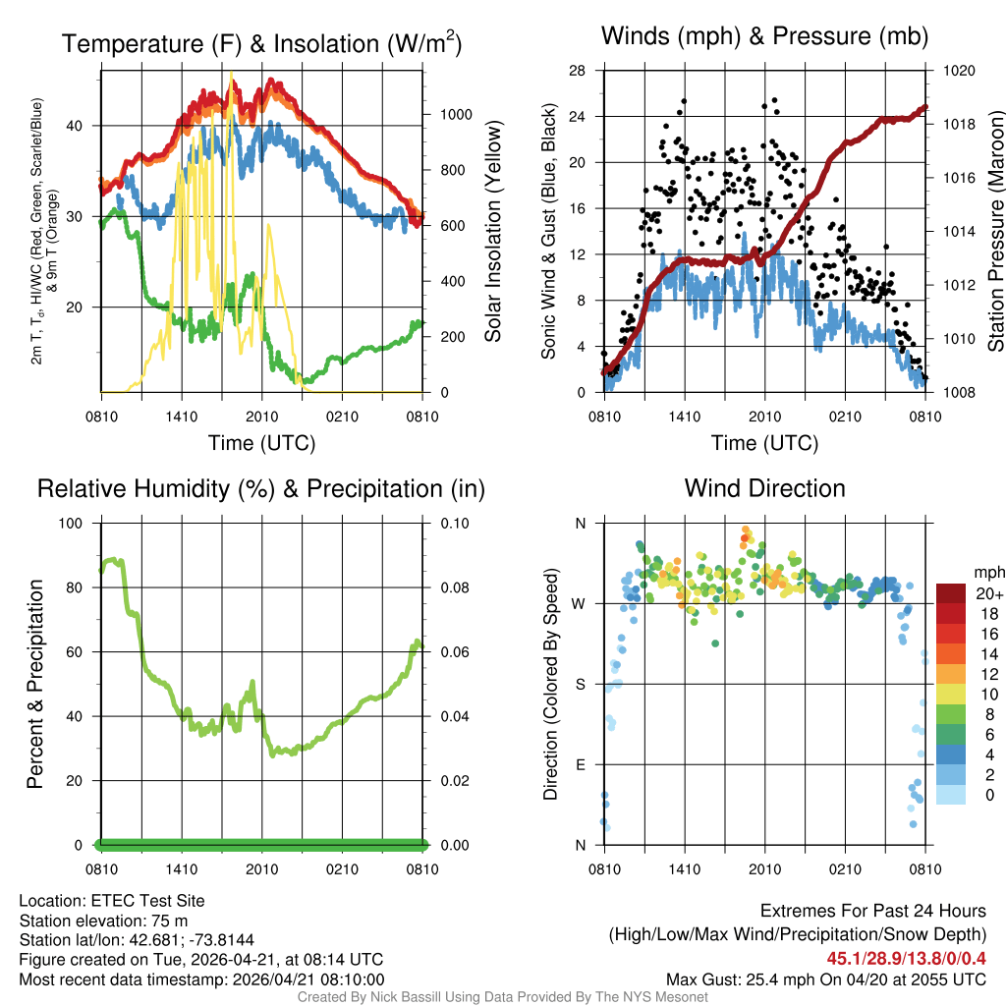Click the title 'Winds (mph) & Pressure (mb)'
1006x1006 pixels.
click(764, 36)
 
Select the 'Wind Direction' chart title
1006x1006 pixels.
click(764, 488)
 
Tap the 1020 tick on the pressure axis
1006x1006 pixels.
click(958, 71)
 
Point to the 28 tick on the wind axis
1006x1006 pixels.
click(578, 71)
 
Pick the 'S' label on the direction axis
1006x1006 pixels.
click(580, 684)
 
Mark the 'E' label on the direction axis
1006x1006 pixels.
click(580, 764)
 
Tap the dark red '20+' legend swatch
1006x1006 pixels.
click(951, 593)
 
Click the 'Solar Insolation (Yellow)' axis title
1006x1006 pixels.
click(494, 232)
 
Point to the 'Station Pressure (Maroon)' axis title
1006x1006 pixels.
click(995, 232)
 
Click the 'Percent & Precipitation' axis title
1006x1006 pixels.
click(35, 684)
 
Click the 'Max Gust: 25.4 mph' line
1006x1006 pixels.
click(825, 978)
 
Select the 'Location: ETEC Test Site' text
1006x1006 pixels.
click(112, 901)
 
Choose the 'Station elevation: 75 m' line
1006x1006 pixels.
click(103, 921)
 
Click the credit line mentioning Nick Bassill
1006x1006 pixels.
click(503, 997)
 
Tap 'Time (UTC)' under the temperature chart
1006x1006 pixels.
click(261, 443)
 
